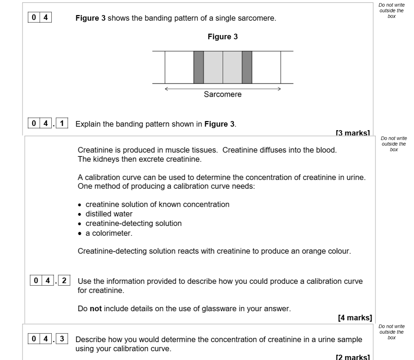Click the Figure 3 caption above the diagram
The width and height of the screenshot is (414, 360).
click(223, 37)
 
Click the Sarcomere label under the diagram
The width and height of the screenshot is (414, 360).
click(223, 94)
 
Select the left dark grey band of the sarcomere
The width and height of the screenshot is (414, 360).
click(198, 67)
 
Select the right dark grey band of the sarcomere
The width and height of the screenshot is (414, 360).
click(247, 67)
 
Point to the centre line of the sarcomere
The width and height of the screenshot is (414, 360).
click(223, 67)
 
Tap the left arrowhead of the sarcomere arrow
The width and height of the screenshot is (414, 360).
click(167, 89)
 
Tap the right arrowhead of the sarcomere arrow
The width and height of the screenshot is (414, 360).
click(279, 89)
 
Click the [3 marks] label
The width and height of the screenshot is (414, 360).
click(353, 133)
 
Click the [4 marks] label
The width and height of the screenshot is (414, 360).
click(355, 318)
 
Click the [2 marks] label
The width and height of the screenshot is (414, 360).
click(353, 357)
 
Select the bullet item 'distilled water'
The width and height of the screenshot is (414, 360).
click(109, 214)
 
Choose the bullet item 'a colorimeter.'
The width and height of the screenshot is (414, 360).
click(109, 233)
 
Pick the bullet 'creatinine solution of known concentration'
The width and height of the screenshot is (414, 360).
click(157, 204)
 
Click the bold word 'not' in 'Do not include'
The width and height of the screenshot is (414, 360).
click(96, 309)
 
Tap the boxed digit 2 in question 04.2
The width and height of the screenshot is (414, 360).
click(64, 281)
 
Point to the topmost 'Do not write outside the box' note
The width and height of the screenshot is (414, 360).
click(392, 11)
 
